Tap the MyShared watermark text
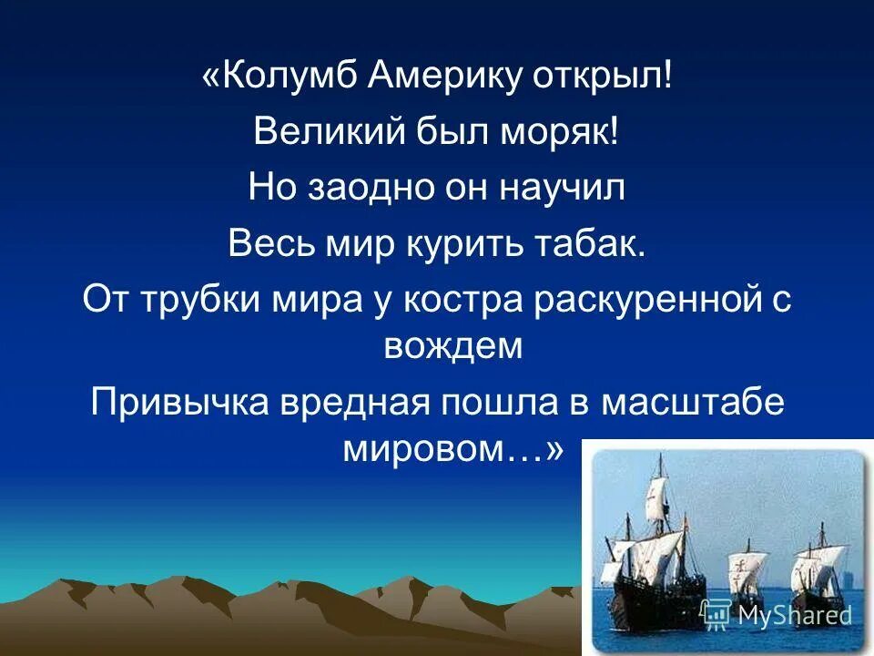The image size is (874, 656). tap(794, 615)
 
